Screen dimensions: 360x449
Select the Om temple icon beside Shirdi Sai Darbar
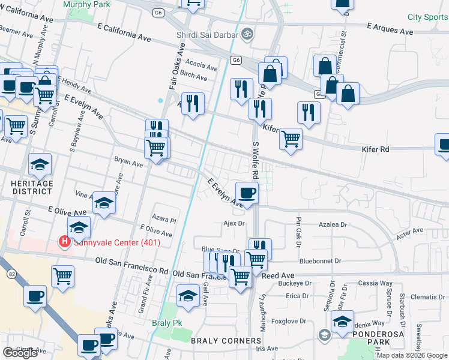245,35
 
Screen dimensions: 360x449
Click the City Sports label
427,17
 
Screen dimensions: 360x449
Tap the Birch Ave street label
194,76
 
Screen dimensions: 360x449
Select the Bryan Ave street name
129,163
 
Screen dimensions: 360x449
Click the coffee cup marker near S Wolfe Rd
247,193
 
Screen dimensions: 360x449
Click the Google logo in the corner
20,353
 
